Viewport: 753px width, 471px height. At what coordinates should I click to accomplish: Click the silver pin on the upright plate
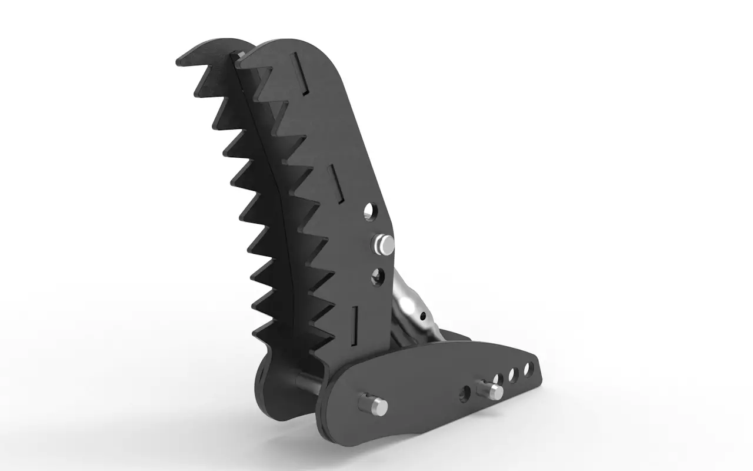pyautogui.click(x=384, y=243)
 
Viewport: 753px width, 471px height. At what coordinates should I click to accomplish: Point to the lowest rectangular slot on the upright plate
pyautogui.click(x=354, y=324)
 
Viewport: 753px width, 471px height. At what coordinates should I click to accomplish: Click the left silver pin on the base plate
pyautogui.click(x=373, y=404)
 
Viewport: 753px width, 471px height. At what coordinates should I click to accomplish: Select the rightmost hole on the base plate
pyautogui.click(x=527, y=369)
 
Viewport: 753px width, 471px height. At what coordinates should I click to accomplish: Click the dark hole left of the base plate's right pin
pyautogui.click(x=465, y=394)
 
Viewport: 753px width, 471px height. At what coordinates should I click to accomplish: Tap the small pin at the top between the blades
pyautogui.click(x=241, y=54)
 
